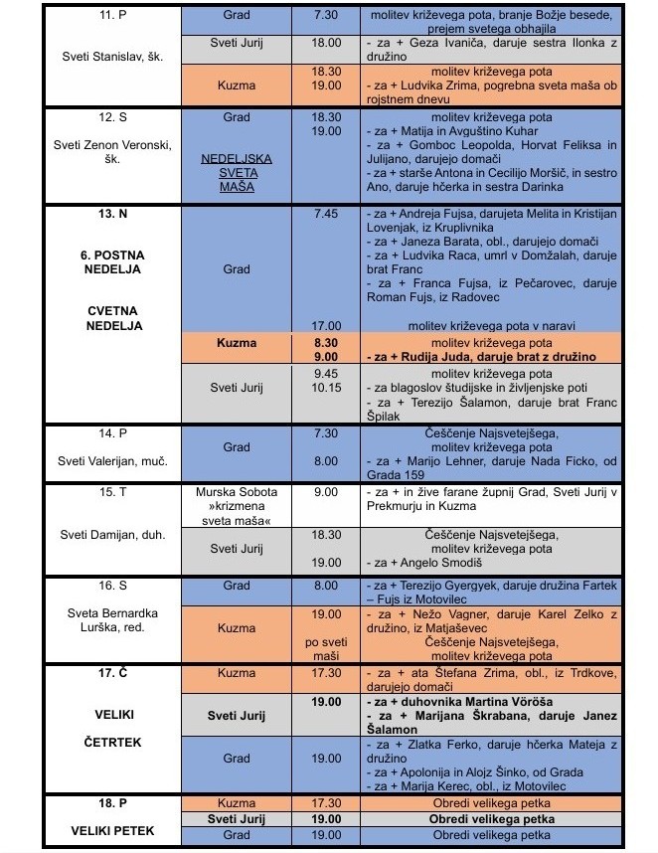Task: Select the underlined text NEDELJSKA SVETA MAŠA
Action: click(237, 172)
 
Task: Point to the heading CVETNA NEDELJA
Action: click(111, 317)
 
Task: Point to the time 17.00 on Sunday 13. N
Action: click(326, 325)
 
